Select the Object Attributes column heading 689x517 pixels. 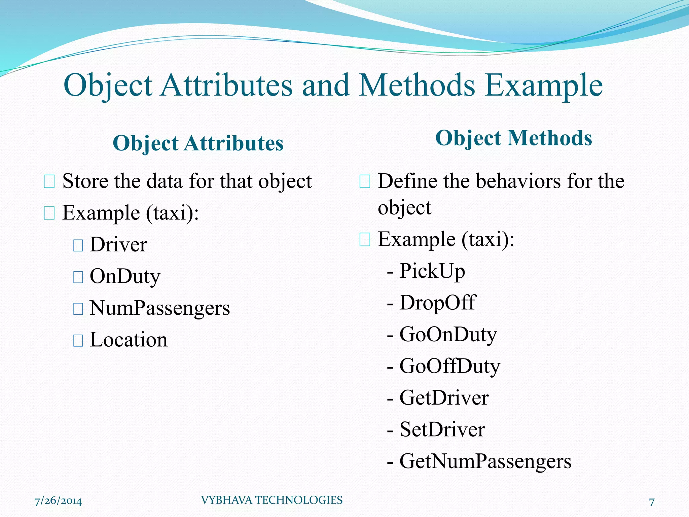[x=198, y=143]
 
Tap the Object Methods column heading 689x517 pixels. [x=513, y=138]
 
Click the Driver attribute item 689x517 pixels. [x=118, y=245]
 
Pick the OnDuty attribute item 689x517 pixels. [x=125, y=276]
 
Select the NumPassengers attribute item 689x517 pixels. [x=160, y=308]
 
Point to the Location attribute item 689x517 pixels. [x=129, y=340]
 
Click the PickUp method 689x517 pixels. [x=432, y=271]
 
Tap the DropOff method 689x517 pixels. [x=437, y=303]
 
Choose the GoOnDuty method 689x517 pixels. [x=448, y=334]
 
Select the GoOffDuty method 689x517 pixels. [x=449, y=366]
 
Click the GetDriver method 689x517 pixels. [x=444, y=398]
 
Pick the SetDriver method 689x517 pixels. [x=442, y=429]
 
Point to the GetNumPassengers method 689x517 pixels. [x=485, y=461]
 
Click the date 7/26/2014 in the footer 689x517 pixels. [x=58, y=501]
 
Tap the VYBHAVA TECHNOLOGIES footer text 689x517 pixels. [x=271, y=500]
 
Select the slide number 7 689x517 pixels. [x=652, y=502]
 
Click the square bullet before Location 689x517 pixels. [x=78, y=341]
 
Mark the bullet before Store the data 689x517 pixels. [x=49, y=182]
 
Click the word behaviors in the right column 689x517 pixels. [x=519, y=181]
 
